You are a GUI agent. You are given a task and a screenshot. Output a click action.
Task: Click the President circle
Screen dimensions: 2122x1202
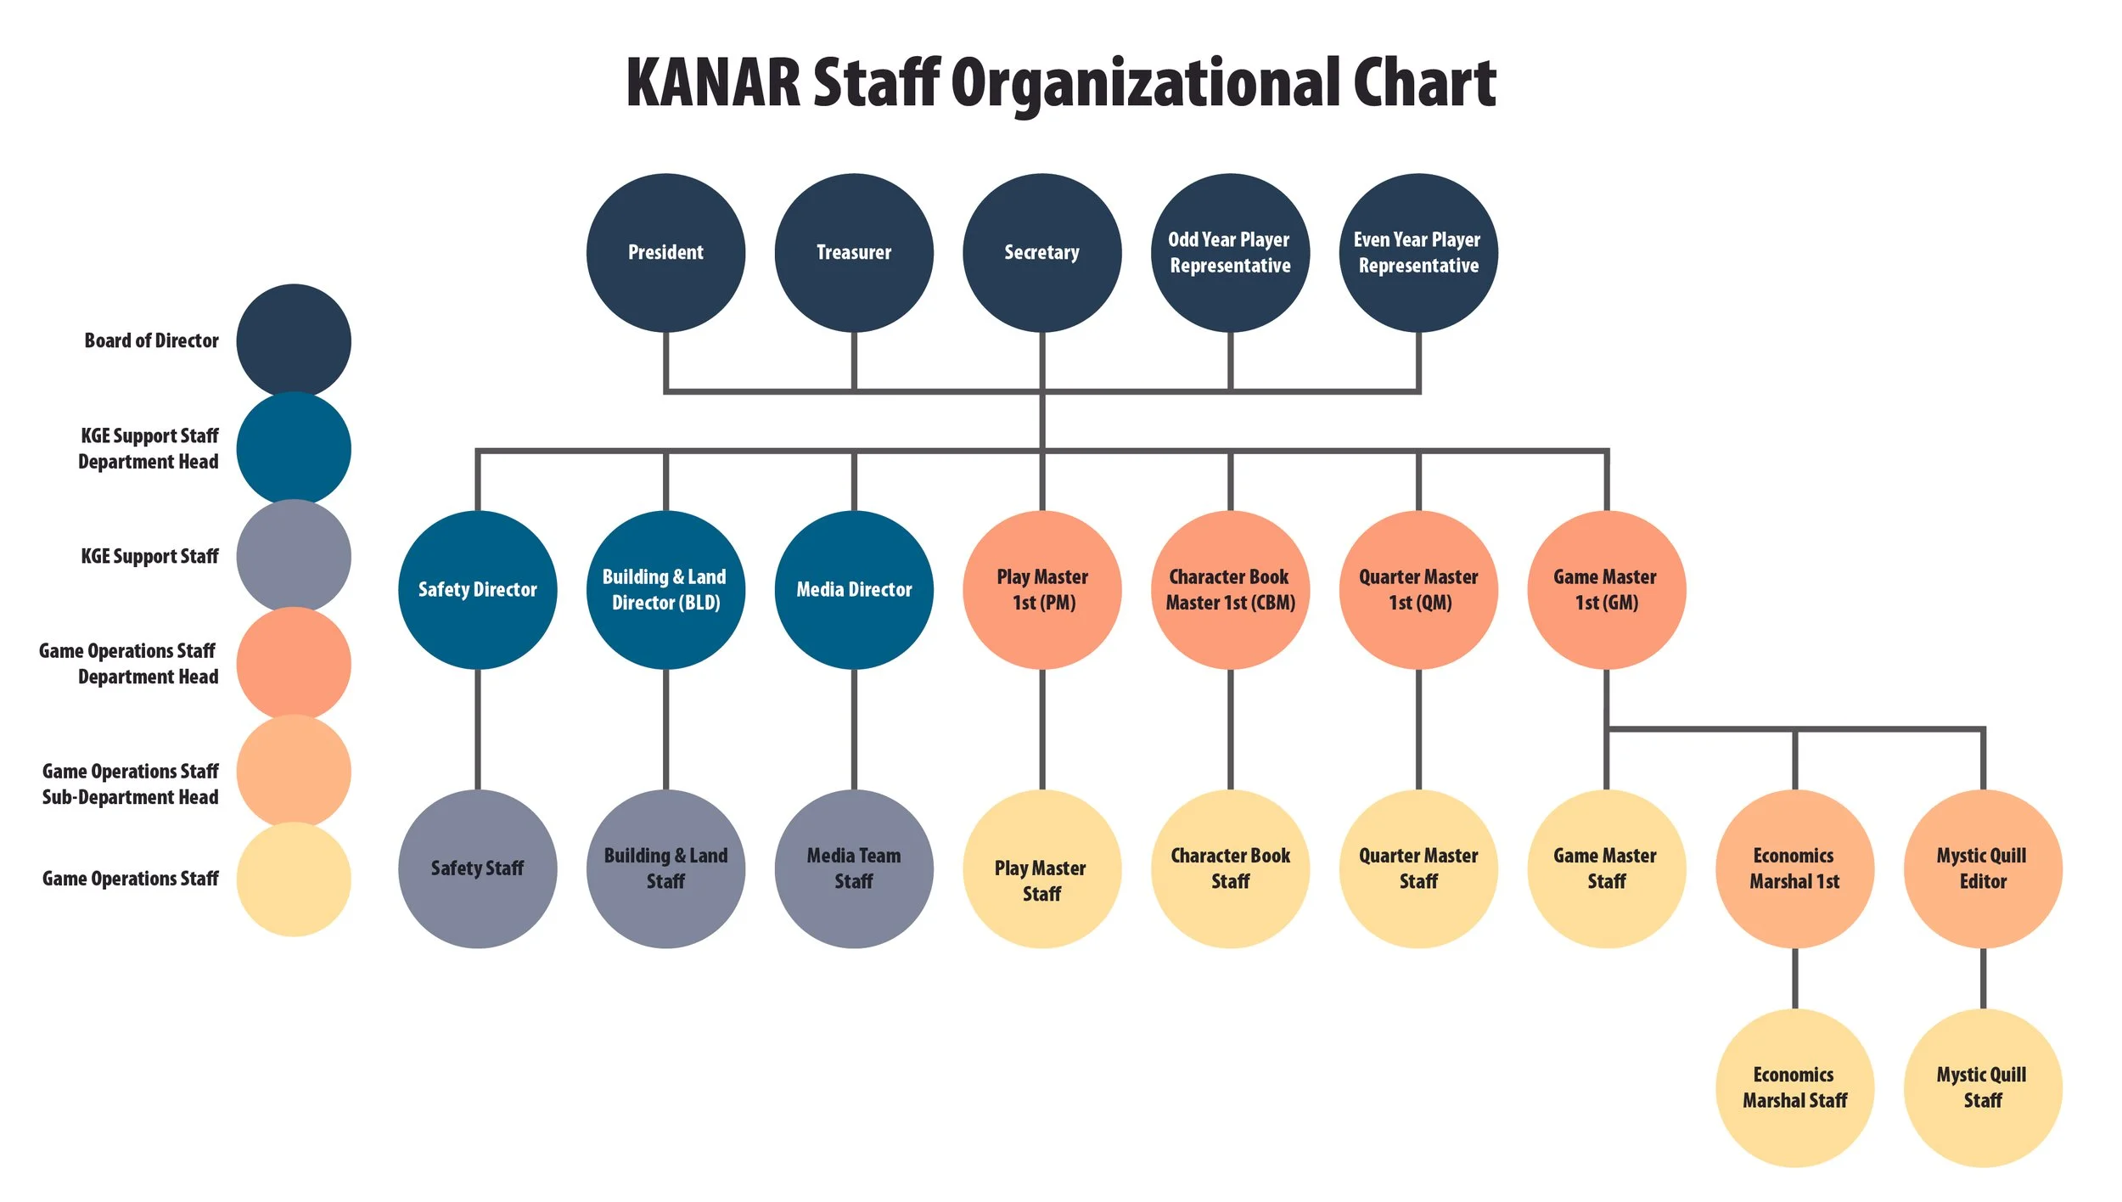[665, 252]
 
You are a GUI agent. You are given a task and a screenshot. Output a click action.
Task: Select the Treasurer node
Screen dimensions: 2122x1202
[854, 252]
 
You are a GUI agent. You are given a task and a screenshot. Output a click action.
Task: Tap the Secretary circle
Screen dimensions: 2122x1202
[1042, 252]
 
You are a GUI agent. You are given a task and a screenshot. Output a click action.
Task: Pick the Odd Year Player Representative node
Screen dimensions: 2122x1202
[1230, 252]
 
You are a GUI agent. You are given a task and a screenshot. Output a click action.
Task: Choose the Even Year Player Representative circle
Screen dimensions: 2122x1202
[1418, 252]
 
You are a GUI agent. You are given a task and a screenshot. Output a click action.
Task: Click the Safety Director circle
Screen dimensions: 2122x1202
[477, 589]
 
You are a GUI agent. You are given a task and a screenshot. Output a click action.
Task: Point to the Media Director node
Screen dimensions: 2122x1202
[854, 589]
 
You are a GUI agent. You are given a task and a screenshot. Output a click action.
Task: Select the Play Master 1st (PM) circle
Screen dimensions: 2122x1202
[1042, 589]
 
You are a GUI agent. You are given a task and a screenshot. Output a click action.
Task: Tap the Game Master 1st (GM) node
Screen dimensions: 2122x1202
[1606, 589]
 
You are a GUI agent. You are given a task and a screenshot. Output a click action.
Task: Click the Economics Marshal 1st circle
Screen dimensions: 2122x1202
[1794, 868]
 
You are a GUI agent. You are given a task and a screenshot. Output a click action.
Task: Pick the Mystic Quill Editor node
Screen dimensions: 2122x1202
[1983, 868]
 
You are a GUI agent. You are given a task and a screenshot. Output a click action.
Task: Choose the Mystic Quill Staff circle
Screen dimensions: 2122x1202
[1983, 1087]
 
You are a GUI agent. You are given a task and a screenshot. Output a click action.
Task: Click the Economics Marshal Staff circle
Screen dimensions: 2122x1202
[1794, 1087]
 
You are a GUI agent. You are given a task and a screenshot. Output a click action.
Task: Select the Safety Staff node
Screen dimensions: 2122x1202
[477, 868]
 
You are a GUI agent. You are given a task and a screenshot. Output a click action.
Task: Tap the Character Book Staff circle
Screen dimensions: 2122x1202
[1230, 868]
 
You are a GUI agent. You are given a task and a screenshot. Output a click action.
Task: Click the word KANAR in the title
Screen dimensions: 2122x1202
[713, 83]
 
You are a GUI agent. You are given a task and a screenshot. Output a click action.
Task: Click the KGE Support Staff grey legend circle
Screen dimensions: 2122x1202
[294, 556]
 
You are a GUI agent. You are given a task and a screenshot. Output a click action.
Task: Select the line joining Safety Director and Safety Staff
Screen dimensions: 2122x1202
[477, 729]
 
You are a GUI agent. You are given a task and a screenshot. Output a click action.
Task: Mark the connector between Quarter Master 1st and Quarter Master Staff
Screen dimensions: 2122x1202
[1418, 729]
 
